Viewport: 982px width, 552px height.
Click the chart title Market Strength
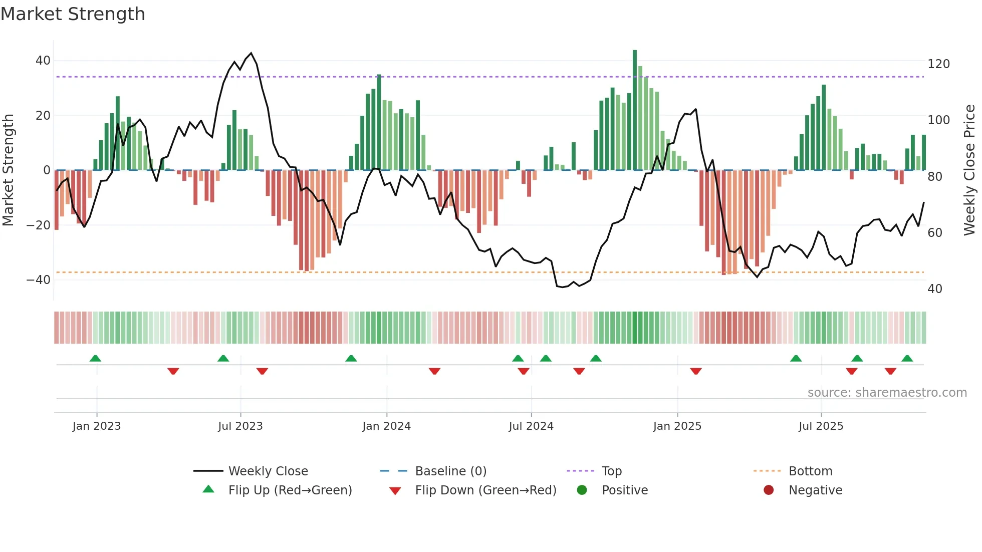pyautogui.click(x=73, y=14)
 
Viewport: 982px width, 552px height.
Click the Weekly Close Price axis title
pyautogui.click(x=970, y=170)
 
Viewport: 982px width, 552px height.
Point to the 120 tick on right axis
pyautogui.click(x=938, y=64)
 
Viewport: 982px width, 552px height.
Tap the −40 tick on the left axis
pyautogui.click(x=39, y=280)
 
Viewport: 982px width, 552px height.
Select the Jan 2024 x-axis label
pyautogui.click(x=386, y=426)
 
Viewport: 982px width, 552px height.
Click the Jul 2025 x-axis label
pyautogui.click(x=821, y=426)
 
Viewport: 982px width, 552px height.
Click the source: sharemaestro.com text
pyautogui.click(x=887, y=393)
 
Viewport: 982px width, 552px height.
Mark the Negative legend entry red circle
pyautogui.click(x=769, y=490)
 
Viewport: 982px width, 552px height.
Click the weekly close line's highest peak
pyautogui.click(x=251, y=53)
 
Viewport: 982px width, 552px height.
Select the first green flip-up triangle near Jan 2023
pyautogui.click(x=95, y=358)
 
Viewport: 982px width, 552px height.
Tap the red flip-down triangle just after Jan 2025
pyautogui.click(x=695, y=371)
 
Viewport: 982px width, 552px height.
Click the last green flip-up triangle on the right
pyautogui.click(x=907, y=358)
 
